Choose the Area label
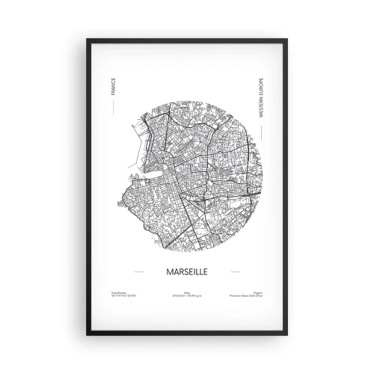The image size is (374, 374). (x=186, y=293)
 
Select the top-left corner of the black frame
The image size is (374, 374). (x=88, y=40)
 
